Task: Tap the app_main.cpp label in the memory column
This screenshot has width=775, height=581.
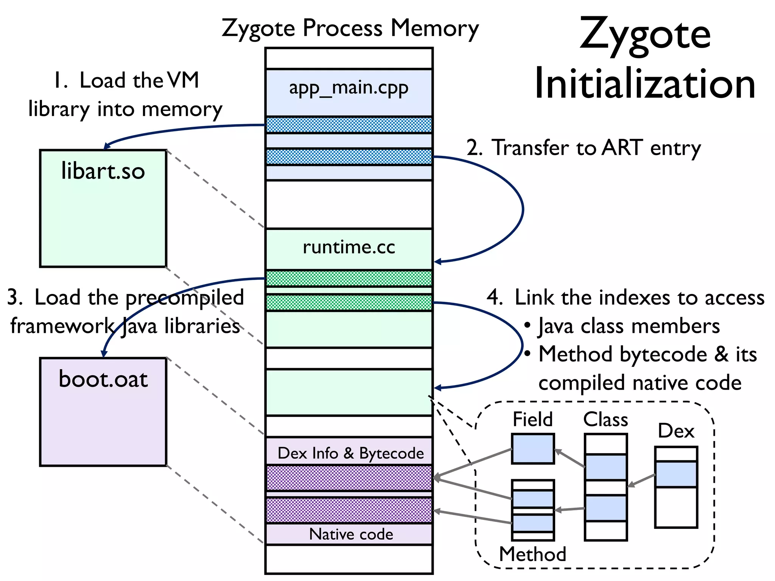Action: (349, 88)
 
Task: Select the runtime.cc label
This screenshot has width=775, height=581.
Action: (349, 247)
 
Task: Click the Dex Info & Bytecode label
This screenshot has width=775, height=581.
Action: (350, 453)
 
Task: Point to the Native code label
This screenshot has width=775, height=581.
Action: (351, 534)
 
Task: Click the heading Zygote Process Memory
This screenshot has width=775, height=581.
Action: (350, 29)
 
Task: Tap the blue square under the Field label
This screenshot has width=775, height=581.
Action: (532, 449)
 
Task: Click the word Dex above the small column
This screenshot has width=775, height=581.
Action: (676, 431)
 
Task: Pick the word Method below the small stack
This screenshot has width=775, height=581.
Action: (532, 554)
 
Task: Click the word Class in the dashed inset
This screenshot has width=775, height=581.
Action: (605, 419)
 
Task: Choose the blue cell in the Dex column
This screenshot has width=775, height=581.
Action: (676, 474)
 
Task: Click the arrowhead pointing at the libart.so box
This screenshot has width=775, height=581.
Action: (107, 146)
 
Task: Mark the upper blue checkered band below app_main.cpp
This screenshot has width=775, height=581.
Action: (349, 125)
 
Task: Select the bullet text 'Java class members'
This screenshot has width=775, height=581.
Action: (628, 326)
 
